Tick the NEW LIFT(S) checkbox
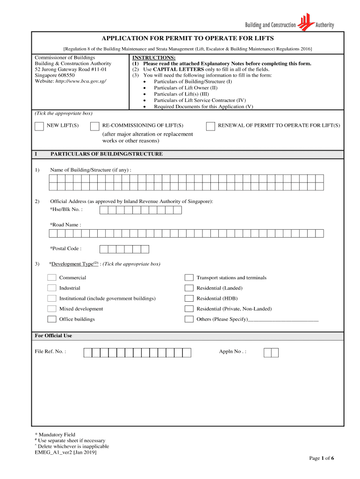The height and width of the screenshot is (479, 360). tap(39, 126)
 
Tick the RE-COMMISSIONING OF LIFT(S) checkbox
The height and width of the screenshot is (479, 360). tap(95, 126)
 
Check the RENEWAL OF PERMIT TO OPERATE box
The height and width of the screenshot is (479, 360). tap(210, 126)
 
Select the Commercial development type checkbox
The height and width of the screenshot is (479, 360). tap(52, 278)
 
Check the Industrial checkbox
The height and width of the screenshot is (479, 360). tap(52, 288)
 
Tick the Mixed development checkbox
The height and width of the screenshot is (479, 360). tap(52, 309)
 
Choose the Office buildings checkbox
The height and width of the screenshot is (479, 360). tap(52, 319)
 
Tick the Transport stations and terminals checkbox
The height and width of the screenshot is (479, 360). tap(189, 278)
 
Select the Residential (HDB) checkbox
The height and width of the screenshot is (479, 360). tap(189, 298)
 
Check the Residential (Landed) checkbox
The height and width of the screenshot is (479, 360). tap(189, 288)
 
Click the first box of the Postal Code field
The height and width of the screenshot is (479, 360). tap(104, 249)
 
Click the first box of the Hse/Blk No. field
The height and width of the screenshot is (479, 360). tap(104, 210)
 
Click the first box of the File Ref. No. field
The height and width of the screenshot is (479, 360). tap(88, 352)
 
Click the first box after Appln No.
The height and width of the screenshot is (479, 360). tap(267, 352)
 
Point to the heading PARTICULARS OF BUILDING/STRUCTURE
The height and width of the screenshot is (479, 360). tap(107, 154)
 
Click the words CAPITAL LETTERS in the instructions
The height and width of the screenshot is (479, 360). tap(172, 69)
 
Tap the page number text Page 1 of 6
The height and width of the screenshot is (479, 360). tap(321, 458)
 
